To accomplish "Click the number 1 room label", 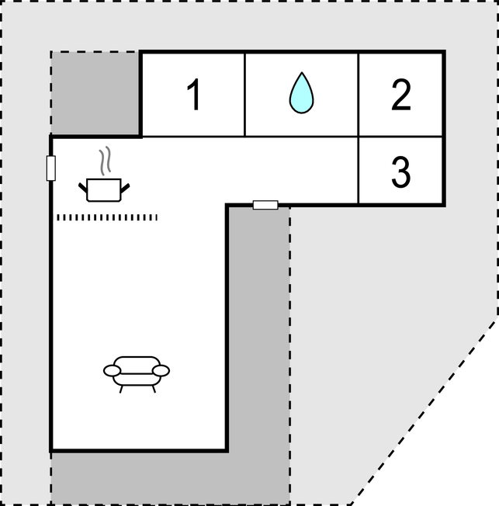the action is click(x=194, y=95).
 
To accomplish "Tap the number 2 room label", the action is click(x=401, y=95).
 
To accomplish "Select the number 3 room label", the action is click(x=401, y=172).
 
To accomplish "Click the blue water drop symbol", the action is click(x=301, y=92).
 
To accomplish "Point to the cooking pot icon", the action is click(x=104, y=190).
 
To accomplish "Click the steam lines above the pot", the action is click(x=105, y=161).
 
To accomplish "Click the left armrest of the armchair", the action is click(x=112, y=371).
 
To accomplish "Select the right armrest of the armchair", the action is click(x=161, y=370).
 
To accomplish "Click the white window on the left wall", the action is click(x=51, y=168).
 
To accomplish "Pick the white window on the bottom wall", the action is click(x=265, y=205).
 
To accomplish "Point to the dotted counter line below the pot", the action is click(x=107, y=217).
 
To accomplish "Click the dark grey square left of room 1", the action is click(x=95, y=92).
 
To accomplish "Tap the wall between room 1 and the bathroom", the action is click(x=245, y=95).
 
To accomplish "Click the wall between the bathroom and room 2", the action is click(x=359, y=95).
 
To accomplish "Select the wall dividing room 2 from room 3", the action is click(x=400, y=137).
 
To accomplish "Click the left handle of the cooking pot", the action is click(x=83, y=188).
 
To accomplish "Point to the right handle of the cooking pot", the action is click(x=125, y=188).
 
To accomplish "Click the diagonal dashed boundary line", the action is click(x=424, y=412).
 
